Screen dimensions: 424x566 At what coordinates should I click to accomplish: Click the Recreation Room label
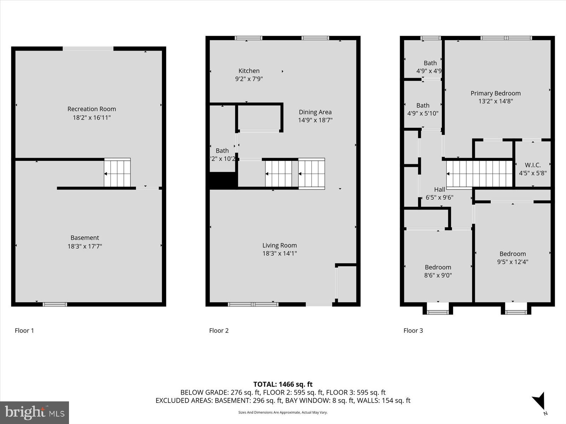[x=92, y=109]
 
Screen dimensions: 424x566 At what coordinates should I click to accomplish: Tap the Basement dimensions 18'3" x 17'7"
[x=85, y=246]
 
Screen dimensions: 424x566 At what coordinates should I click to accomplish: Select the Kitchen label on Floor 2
[x=249, y=71]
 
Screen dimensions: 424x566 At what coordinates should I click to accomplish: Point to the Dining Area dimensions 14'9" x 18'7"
[x=315, y=120]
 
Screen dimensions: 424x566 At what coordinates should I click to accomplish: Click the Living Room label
[x=279, y=245]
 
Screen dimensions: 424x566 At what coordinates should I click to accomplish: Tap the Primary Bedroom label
[x=495, y=93]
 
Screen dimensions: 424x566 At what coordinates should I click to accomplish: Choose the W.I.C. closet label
[x=532, y=165]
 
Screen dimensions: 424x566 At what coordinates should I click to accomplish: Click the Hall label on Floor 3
[x=439, y=189]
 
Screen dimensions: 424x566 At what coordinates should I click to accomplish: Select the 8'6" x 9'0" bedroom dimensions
[x=438, y=275]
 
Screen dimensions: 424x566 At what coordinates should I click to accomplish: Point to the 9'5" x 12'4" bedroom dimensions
[x=513, y=262]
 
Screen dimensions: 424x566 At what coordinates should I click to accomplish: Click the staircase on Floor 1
[x=117, y=173]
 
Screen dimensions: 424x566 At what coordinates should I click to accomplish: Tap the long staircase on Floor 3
[x=479, y=173]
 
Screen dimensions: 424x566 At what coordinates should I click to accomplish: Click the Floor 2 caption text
[x=219, y=330]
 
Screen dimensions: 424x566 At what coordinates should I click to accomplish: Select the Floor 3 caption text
[x=413, y=330]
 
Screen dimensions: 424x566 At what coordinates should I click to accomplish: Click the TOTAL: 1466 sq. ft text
[x=283, y=384]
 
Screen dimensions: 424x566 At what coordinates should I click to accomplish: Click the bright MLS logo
[x=34, y=412]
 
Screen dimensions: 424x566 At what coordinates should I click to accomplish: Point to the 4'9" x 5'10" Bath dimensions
[x=423, y=113]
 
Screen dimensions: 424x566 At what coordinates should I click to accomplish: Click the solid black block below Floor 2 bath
[x=222, y=181]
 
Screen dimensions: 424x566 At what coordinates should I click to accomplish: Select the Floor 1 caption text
[x=24, y=330]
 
